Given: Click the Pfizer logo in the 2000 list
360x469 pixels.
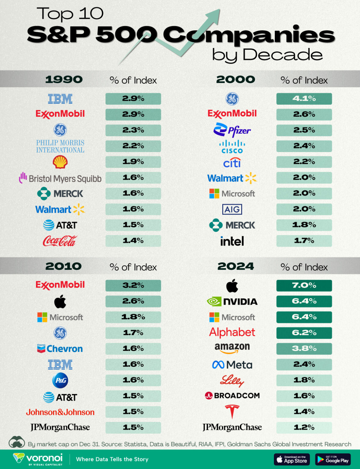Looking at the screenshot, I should (232, 130).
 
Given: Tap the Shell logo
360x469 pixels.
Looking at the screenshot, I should (60, 162).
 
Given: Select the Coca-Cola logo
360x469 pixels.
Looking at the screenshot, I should (60, 241).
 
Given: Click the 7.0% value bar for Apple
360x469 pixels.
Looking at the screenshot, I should (304, 285).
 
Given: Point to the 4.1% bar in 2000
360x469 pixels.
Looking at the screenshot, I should (304, 99).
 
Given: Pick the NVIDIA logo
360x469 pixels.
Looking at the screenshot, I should (232, 302).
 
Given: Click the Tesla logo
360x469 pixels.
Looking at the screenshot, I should (232, 412).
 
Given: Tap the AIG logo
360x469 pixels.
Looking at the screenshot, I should (232, 209).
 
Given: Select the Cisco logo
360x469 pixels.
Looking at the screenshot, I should (232, 147).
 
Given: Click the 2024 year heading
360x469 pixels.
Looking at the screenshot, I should (235, 267).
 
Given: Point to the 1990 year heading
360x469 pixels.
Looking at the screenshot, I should (64, 80).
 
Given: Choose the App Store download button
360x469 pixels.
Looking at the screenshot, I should (292, 459).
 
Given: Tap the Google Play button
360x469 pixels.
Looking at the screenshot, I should (333, 459).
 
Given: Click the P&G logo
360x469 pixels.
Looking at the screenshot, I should (60, 380).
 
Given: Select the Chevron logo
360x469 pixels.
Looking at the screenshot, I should (60, 349).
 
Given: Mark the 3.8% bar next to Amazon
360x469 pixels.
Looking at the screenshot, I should (304, 349).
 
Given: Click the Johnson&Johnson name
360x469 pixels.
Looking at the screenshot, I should (60, 412).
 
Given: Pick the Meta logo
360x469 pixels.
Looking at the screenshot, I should (232, 365).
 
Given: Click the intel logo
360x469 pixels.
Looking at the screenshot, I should (232, 241).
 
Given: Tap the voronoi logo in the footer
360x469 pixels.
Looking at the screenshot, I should (38, 459).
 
